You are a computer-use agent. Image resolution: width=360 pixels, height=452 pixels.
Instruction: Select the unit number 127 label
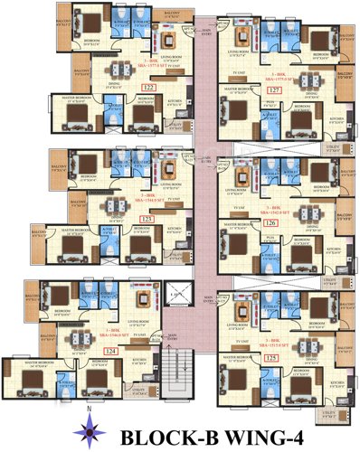click(x=273, y=90)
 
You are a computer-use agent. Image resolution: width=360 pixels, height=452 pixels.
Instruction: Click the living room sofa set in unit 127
click(x=244, y=38)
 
